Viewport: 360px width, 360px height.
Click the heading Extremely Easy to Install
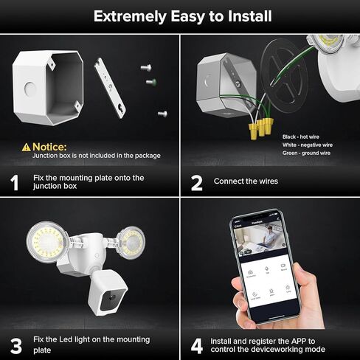pos(180,15)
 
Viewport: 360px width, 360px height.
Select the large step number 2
pos(197,183)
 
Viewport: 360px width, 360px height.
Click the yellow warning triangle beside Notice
pos(27,147)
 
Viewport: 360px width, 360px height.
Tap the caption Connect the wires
pos(246,181)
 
